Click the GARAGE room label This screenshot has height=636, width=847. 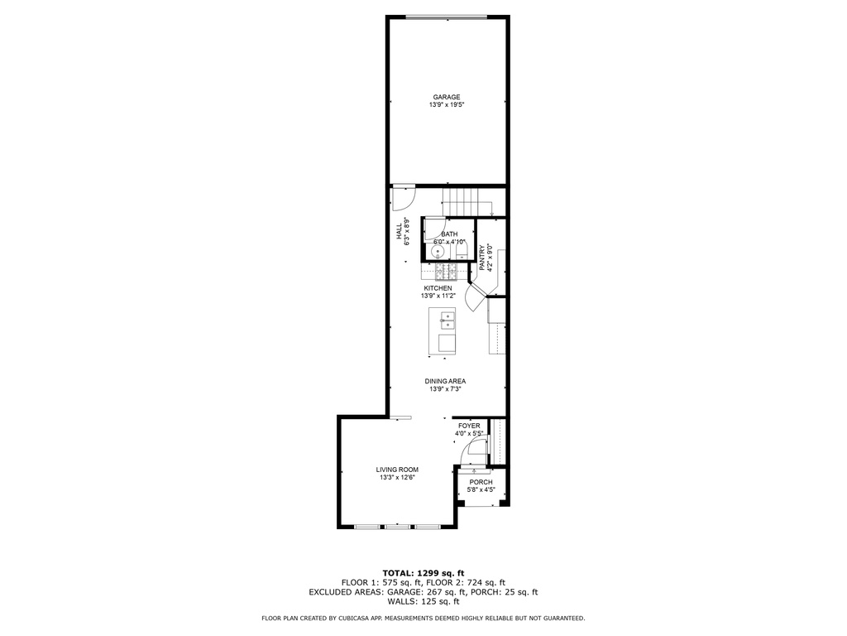point(446,98)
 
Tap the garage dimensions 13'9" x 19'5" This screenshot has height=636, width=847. point(447,105)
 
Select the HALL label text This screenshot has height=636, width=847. point(399,232)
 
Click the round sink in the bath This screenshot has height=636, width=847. point(438,252)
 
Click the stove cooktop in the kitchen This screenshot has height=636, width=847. point(446,271)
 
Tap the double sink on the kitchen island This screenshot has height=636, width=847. point(447,320)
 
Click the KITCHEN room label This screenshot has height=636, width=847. point(438,288)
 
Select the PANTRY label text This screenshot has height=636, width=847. point(482,258)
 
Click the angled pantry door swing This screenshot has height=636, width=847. point(473,298)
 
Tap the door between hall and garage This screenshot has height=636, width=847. point(403,199)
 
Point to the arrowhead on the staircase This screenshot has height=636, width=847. point(492,215)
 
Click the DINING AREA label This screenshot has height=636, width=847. point(445,381)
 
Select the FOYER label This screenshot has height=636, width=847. point(469,426)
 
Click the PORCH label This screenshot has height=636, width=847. point(481,483)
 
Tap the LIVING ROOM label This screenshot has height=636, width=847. point(397,470)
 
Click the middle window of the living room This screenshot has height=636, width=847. point(397,526)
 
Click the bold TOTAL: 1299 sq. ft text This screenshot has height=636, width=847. point(423,573)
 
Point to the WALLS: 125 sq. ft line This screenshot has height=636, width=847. point(423,601)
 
